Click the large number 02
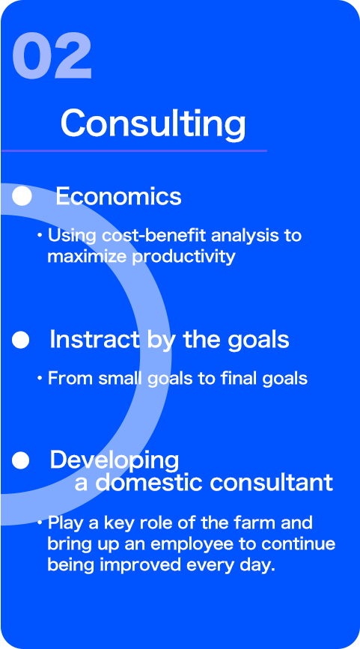52,56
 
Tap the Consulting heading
153,124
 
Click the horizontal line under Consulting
134,150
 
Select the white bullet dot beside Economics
22,196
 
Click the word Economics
118,197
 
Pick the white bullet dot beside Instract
21,341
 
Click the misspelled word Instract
95,340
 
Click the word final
238,378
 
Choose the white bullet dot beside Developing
21,460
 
